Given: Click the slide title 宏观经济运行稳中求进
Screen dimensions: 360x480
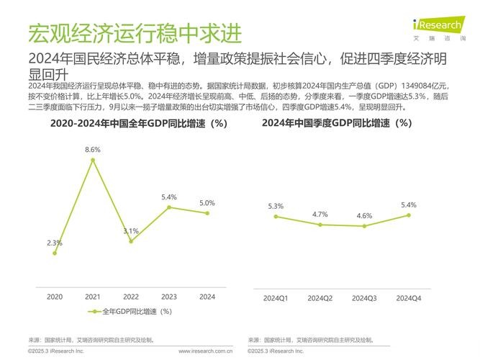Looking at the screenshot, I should pos(135,33).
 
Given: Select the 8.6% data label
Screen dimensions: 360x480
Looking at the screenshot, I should pos(93,149).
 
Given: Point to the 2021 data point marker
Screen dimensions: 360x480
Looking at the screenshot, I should pos(93,159).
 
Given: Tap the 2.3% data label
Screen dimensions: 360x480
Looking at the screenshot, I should pos(55,243).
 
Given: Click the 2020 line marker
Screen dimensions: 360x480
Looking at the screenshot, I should pos(55,253).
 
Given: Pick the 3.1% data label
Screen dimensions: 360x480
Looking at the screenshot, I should pos(131,231).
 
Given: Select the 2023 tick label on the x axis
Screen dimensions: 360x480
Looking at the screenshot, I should pos(169,297).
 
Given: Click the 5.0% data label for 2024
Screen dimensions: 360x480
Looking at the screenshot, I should pos(207,203).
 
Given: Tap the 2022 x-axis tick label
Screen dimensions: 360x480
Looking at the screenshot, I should pos(131,297).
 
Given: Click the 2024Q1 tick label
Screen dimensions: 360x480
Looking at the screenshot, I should pos(276,297).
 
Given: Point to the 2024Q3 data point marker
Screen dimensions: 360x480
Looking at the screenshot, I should pos(364,226).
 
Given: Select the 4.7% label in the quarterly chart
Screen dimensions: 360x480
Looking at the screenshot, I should pos(320,214).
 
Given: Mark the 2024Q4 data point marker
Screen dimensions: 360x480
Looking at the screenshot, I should pos(409,215).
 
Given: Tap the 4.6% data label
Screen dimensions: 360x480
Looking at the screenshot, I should pos(364,216).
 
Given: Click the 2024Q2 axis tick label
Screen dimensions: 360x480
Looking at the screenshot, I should pos(320,297).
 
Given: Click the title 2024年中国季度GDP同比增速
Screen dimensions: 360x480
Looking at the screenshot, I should pos(337,123).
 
